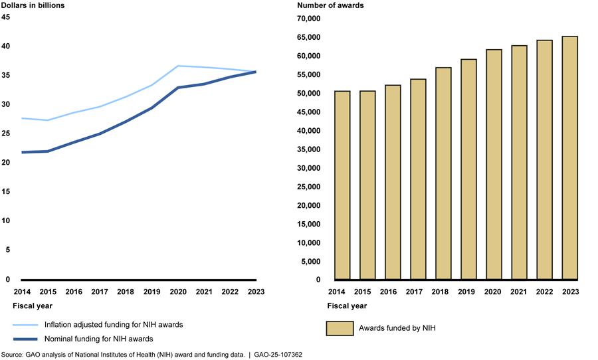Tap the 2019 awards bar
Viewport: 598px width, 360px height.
tap(468, 169)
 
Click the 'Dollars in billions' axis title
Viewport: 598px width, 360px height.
tap(31, 5)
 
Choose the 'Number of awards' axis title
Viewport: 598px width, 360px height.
tap(330, 5)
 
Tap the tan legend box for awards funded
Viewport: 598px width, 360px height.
tap(340, 328)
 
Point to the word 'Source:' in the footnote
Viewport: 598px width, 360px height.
tap(13, 355)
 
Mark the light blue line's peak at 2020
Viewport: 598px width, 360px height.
tap(178, 66)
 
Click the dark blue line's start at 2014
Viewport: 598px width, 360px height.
tap(23, 152)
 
